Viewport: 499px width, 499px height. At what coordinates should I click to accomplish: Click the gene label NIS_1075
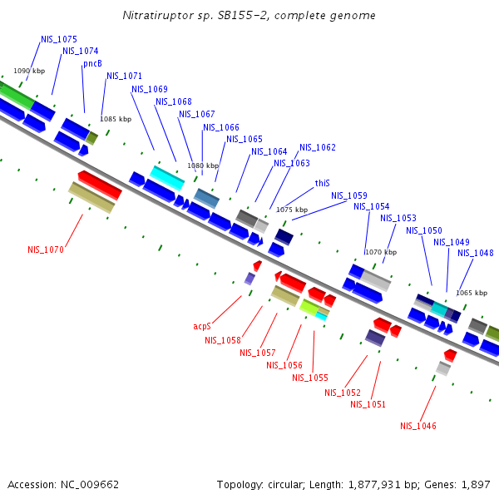pos(59,39)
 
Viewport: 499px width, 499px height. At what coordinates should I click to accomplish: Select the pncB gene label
pos(92,63)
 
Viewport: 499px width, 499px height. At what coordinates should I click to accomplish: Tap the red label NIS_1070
pos(45,249)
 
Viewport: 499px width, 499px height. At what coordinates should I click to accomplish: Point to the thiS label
pos(322,183)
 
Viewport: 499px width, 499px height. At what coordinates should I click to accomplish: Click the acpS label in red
pos(202,327)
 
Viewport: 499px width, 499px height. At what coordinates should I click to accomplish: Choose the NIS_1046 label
pos(417,426)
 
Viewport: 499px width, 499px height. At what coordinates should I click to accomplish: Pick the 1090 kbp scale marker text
pos(29,71)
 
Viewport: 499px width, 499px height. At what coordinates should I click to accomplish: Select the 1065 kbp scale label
pos(472,293)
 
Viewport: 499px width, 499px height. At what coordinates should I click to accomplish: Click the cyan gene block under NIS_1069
pos(166,177)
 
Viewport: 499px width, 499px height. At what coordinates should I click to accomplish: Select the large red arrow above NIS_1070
pos(100,185)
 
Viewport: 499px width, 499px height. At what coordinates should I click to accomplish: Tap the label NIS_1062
pos(318,147)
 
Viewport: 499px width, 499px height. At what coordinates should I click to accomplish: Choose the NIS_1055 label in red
pos(309,378)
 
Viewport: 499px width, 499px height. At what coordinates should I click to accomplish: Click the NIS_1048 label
pos(476,253)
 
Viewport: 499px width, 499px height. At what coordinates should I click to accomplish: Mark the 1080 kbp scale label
pos(203,166)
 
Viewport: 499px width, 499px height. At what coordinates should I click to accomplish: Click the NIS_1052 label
pos(343,393)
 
